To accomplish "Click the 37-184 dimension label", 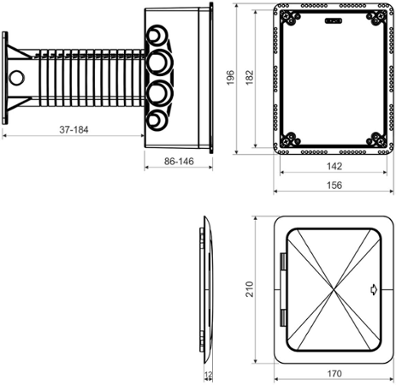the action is point(74,130).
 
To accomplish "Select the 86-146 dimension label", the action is point(179,162).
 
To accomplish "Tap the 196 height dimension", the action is point(230,77).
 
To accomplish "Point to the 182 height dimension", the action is point(249,77).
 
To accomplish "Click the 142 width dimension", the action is point(334,166).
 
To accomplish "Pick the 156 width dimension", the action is point(334,186).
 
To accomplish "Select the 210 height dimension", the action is point(249,289).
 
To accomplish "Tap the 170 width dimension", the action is point(334,374).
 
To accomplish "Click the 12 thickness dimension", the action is point(209,374).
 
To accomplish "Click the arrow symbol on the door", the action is point(374,290).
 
